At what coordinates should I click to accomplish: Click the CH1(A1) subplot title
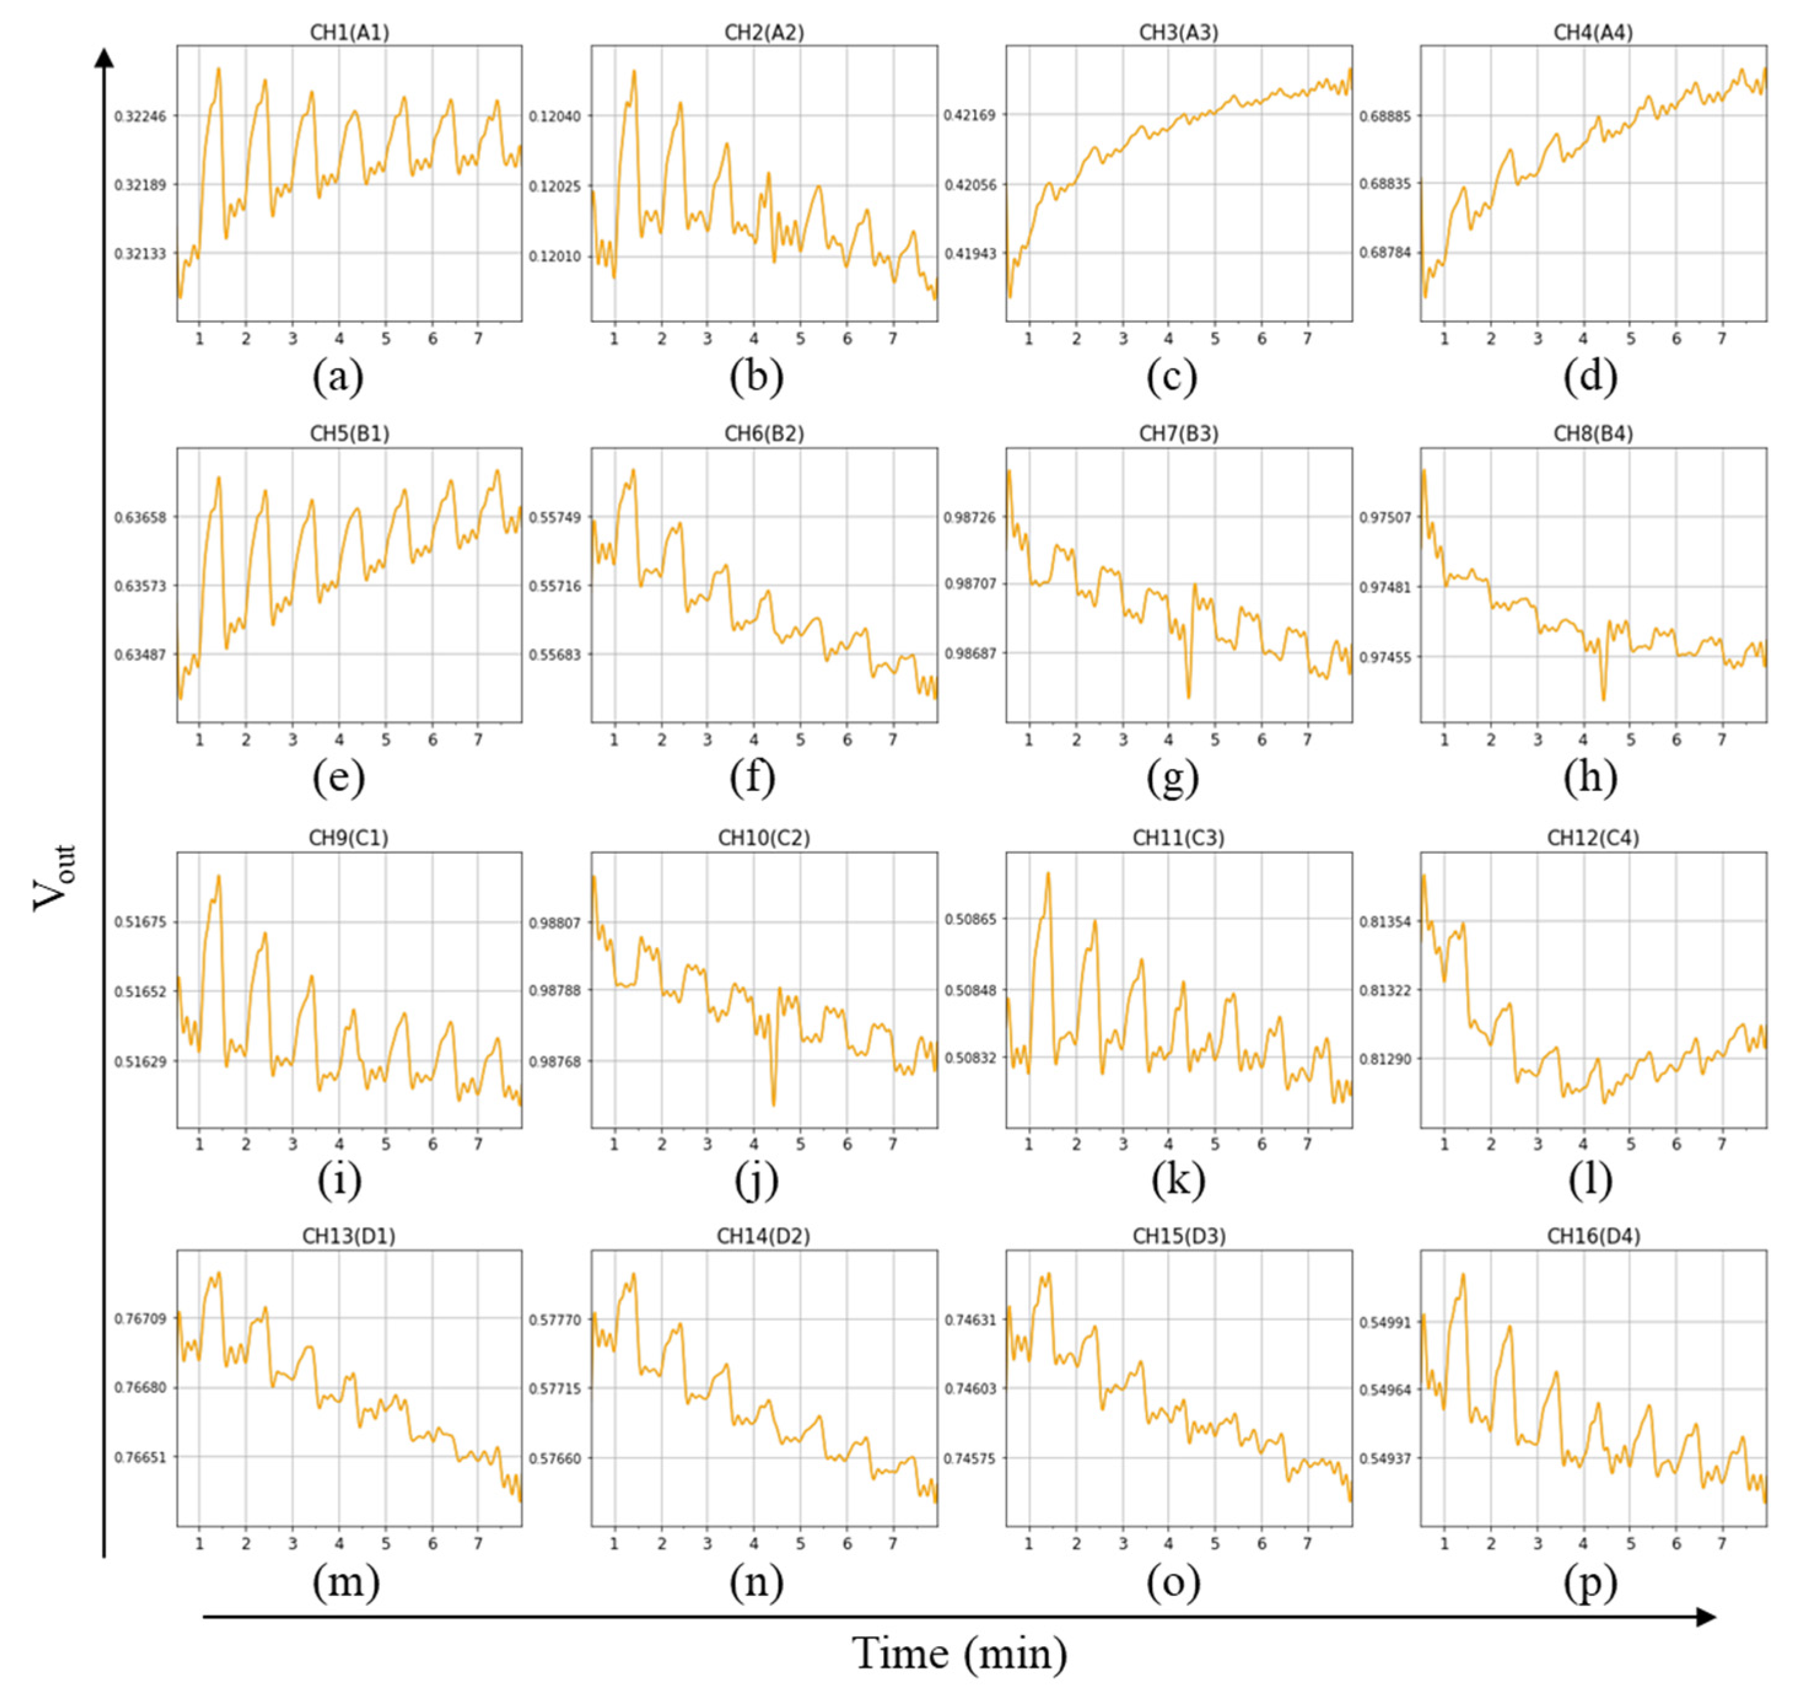[x=349, y=33]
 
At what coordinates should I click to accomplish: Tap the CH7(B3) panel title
[x=1178, y=435]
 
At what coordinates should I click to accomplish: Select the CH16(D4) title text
[x=1593, y=1236]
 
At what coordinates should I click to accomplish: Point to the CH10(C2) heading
[x=764, y=838]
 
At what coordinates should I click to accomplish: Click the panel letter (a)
[x=338, y=377]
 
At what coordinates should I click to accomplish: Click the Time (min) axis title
[x=960, y=1653]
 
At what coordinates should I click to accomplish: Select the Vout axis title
[x=55, y=877]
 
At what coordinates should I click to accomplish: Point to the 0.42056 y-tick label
[x=970, y=185]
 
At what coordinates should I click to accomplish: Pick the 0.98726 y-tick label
[x=970, y=517]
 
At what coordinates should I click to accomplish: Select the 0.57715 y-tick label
[x=555, y=1388]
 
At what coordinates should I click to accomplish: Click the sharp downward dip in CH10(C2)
[x=773, y=1104]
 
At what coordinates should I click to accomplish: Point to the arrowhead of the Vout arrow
[x=104, y=56]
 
